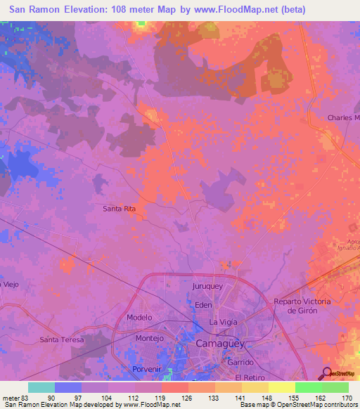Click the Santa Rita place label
coord(119,209)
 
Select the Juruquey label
coord(207,287)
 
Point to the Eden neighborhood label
coord(203,305)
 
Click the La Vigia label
coord(223,322)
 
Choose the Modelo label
coord(139,318)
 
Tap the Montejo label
coord(148,338)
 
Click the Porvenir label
coord(147,369)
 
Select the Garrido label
coord(239,362)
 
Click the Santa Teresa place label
coord(62,340)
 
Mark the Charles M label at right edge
coord(343,118)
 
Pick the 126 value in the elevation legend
coord(186,398)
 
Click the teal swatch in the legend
coord(41,387)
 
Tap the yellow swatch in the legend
coord(281,387)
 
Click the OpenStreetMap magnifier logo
coord(326,374)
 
